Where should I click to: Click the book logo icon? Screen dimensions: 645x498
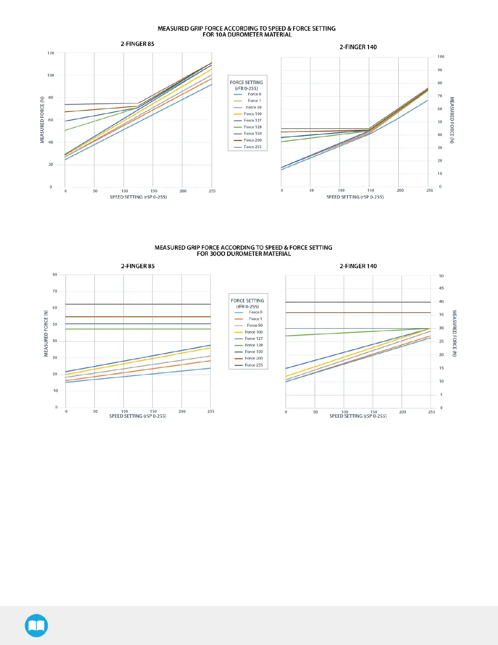coord(36,625)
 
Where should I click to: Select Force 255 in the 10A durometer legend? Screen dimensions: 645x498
coord(253,147)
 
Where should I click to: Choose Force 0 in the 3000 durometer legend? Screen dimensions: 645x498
coord(256,312)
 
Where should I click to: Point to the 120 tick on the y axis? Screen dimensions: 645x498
coord(51,53)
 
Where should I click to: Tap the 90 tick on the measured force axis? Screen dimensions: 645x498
coord(440,70)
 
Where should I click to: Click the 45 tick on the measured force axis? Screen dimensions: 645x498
coord(441,288)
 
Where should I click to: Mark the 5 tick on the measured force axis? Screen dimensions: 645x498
coord(441,395)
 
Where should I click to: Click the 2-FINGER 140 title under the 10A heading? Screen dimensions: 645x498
coord(358,47)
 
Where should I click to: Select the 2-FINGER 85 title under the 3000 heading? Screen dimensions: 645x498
coord(138,266)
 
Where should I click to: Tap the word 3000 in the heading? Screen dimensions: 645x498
coord(218,254)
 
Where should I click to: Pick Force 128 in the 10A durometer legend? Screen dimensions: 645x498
coord(253,127)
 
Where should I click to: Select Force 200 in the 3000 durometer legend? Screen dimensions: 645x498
coord(254,358)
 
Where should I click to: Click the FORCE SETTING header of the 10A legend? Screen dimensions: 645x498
coord(246,82)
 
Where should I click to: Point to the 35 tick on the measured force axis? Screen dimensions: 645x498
coord(441,315)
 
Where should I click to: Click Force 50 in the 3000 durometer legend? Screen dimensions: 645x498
coord(255,325)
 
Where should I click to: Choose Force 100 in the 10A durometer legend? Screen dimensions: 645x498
coord(253,114)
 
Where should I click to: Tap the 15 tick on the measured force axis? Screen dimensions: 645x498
coord(441,368)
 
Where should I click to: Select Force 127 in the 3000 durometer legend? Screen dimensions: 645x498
coord(254,339)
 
